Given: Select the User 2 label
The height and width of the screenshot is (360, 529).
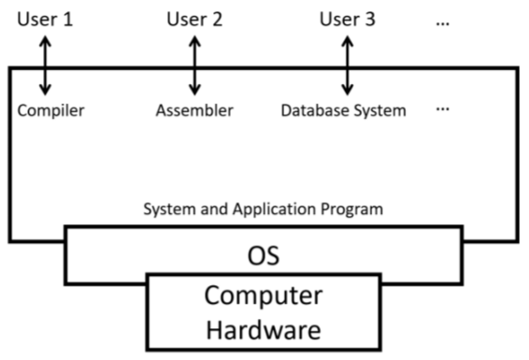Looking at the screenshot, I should (x=194, y=19).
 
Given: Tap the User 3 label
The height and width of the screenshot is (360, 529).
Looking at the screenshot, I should (x=347, y=19).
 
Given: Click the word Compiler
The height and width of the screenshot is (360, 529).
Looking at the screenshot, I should (x=50, y=111).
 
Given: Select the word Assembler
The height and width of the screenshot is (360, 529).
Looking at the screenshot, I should (x=194, y=111).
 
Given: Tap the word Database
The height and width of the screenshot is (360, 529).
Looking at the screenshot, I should (x=315, y=111).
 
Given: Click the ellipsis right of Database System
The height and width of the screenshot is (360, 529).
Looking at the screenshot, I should (x=443, y=109).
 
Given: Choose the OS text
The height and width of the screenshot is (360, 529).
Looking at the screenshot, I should (x=263, y=254).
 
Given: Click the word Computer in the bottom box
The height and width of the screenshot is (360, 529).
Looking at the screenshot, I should (x=263, y=298).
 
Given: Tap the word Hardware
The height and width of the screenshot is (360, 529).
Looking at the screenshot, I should (x=263, y=329).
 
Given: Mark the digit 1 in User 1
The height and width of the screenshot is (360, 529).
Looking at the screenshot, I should (x=67, y=19).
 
